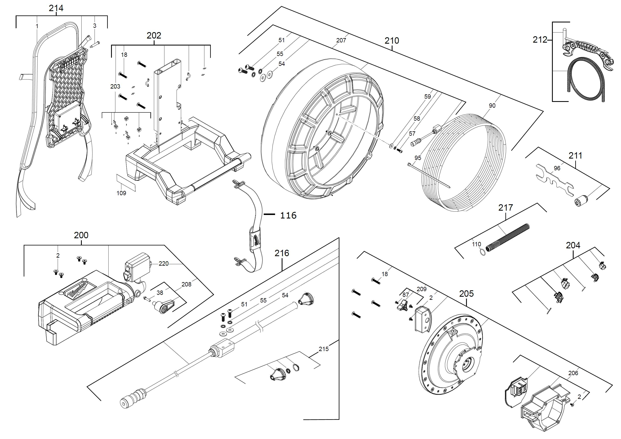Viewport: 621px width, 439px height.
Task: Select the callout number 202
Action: tap(154, 36)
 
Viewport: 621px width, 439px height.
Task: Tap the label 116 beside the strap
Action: tap(288, 215)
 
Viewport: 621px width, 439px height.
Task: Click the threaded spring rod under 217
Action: tap(508, 237)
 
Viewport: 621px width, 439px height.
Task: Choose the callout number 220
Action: tap(163, 264)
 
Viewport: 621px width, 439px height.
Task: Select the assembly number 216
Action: tap(282, 253)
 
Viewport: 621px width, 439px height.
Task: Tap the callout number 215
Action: tap(323, 349)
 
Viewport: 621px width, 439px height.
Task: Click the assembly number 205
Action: tap(466, 294)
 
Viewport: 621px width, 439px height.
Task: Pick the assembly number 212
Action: tap(540, 40)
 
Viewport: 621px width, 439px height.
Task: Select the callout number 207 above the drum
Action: tap(341, 41)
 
